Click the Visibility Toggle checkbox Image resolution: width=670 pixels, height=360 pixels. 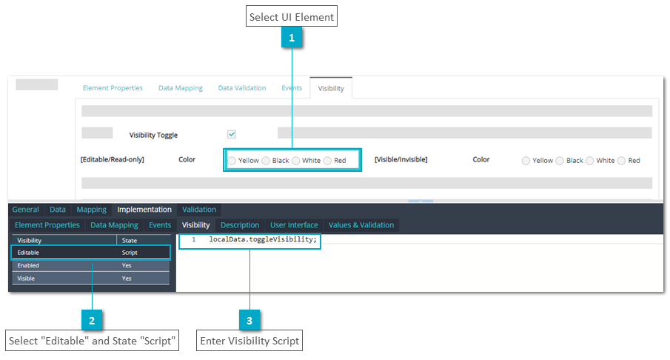(x=232, y=134)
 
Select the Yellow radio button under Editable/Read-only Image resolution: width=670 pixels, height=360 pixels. (x=232, y=161)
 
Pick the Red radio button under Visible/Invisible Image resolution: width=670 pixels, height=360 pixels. (x=621, y=161)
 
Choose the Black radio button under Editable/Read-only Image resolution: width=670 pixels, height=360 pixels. (x=266, y=161)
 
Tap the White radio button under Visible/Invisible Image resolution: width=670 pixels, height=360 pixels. (x=589, y=161)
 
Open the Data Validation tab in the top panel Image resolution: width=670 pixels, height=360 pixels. (x=242, y=88)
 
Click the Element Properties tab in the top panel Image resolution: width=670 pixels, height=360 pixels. (x=113, y=88)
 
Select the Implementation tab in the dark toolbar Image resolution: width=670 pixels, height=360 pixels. (x=144, y=210)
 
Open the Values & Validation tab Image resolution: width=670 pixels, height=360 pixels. (x=361, y=225)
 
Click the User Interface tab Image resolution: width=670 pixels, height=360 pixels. (x=294, y=225)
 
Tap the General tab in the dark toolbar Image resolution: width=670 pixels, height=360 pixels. (x=26, y=210)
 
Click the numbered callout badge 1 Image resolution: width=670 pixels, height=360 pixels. (x=292, y=38)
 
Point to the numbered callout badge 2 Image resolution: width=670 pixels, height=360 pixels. (x=92, y=320)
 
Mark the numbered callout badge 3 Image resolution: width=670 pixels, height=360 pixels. (x=249, y=320)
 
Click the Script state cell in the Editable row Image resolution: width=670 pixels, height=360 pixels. (x=130, y=253)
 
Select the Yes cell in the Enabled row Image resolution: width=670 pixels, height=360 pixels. (x=127, y=265)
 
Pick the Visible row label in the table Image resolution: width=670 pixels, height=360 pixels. (x=26, y=279)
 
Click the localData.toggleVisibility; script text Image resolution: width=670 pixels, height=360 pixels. (x=264, y=239)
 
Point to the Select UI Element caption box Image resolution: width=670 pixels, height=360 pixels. (x=292, y=16)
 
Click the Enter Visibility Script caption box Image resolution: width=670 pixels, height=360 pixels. (x=249, y=340)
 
